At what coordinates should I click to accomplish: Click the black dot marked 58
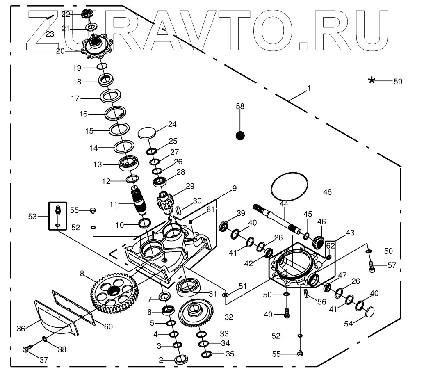click(240, 136)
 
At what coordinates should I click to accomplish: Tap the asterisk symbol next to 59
click(372, 81)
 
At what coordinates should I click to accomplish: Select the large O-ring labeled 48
click(290, 187)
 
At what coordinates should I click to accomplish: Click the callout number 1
click(309, 88)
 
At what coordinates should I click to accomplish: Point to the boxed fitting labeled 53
click(58, 215)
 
